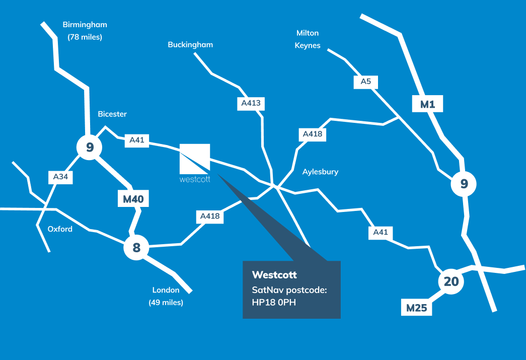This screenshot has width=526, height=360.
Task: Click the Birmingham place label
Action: tap(85, 25)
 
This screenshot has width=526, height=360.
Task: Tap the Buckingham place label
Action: tap(190, 45)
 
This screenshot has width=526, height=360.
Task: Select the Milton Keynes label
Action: tap(308, 39)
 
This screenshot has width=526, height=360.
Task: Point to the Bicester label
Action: tap(112, 114)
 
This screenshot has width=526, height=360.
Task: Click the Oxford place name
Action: tap(60, 229)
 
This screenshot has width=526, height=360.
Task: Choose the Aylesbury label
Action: tap(320, 172)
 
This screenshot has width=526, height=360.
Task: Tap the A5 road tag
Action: tap(365, 82)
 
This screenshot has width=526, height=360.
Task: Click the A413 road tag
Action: tap(251, 104)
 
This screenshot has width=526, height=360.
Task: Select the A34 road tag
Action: tap(61, 177)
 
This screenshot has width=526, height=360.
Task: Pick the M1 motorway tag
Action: tap(427, 104)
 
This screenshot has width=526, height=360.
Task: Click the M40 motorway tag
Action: tap(133, 199)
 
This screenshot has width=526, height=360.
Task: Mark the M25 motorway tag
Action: tap(417, 308)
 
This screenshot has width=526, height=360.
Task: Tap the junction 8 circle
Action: tap(136, 247)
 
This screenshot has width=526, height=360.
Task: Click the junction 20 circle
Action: tap(451, 281)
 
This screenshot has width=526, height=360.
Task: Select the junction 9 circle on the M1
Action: tap(464, 184)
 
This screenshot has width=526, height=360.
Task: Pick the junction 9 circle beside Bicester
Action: tap(90, 148)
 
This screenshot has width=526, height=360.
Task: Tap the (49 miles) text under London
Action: tap(166, 303)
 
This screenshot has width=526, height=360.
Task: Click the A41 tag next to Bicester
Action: tap(137, 140)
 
